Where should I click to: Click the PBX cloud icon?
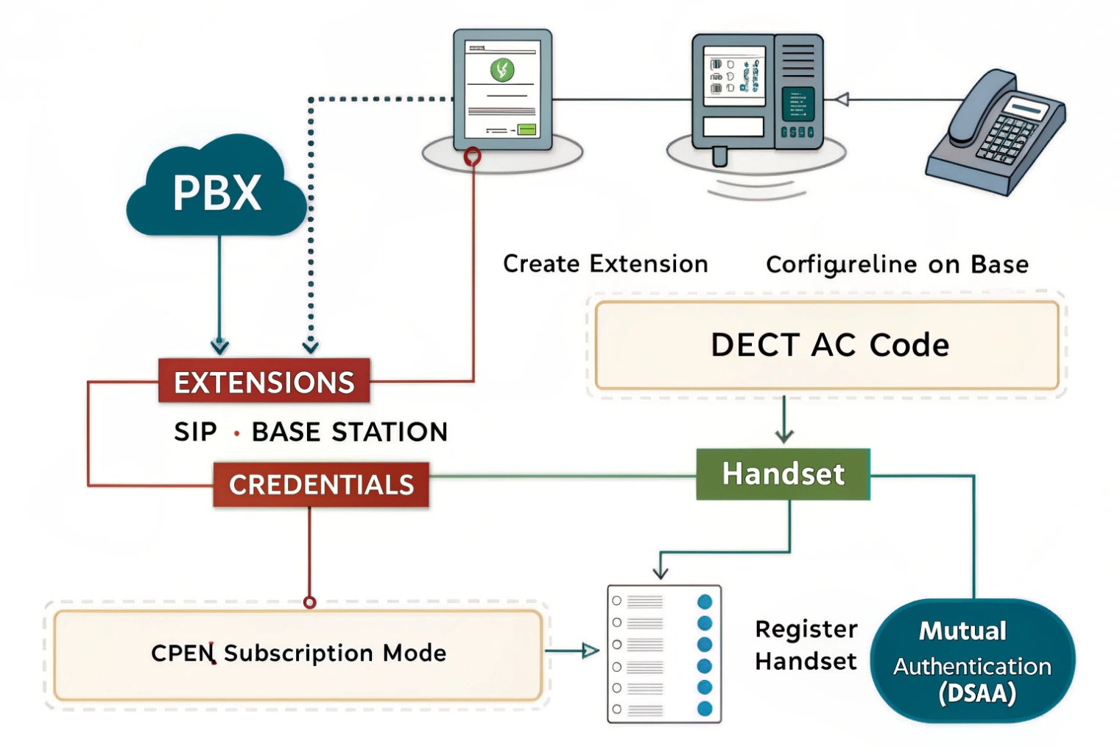click(216, 189)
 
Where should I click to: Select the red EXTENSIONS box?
click(264, 382)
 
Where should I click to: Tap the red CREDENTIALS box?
click(321, 485)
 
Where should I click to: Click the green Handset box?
click(783, 474)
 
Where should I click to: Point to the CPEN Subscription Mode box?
click(298, 653)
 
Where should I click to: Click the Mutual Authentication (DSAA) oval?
click(972, 661)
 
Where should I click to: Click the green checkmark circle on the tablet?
click(502, 70)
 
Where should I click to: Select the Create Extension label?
click(605, 264)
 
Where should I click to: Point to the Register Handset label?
click(806, 645)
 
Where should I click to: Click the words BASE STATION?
click(349, 432)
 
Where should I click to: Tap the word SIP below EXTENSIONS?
click(195, 432)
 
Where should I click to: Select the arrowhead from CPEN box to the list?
click(590, 650)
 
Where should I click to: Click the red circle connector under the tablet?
click(473, 156)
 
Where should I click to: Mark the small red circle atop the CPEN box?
click(310, 603)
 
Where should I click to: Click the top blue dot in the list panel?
click(704, 601)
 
